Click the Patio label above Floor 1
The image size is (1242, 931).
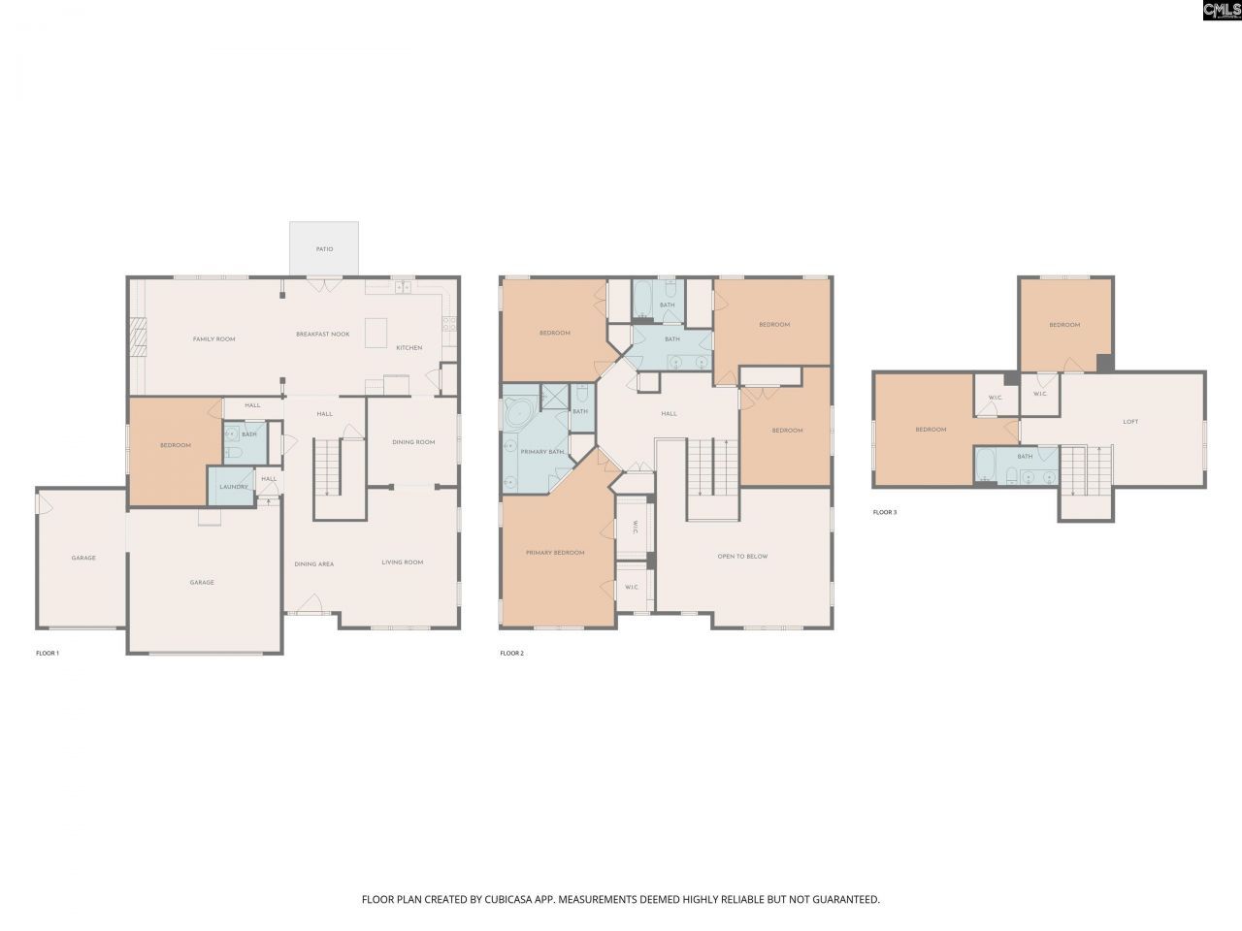click(324, 249)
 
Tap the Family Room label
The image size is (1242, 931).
click(213, 339)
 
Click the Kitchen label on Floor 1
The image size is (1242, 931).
click(409, 347)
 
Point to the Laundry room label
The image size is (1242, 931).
click(233, 487)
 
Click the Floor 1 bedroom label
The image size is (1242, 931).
click(176, 445)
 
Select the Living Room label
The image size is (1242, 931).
click(402, 562)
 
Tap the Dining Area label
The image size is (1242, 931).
click(313, 563)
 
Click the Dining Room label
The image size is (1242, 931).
click(413, 442)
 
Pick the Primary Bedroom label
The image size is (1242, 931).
click(555, 553)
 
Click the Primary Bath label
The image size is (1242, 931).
click(542, 452)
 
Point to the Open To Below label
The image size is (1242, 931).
click(742, 557)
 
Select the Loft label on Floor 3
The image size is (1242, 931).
click(1130, 422)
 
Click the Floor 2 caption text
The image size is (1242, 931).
click(511, 654)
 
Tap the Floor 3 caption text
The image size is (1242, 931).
click(884, 512)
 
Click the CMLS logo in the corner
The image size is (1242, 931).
click(1221, 11)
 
